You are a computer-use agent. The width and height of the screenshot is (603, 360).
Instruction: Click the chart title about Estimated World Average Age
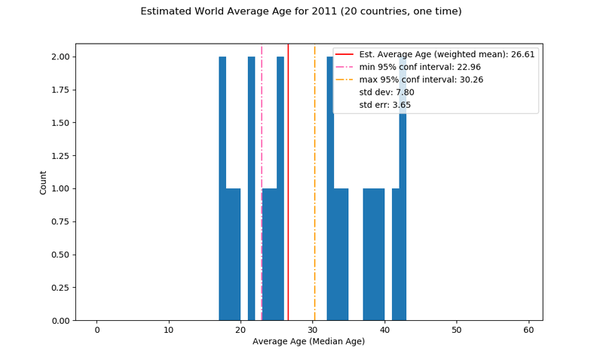coord(301,11)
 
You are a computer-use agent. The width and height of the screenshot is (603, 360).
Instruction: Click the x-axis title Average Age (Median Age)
coord(308,341)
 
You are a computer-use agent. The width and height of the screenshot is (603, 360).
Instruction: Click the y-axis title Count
coord(43,182)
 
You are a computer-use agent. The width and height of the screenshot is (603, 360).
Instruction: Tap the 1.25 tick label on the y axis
coord(60,155)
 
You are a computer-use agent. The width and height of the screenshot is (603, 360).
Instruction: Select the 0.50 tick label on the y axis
coord(60,255)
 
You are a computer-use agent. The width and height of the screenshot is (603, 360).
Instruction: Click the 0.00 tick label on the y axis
coord(60,320)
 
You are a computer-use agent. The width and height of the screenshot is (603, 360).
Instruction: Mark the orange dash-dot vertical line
coord(315,226)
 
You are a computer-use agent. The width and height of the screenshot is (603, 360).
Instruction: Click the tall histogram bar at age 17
coord(222,188)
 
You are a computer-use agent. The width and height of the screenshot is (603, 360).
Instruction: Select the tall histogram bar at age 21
coord(251,188)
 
